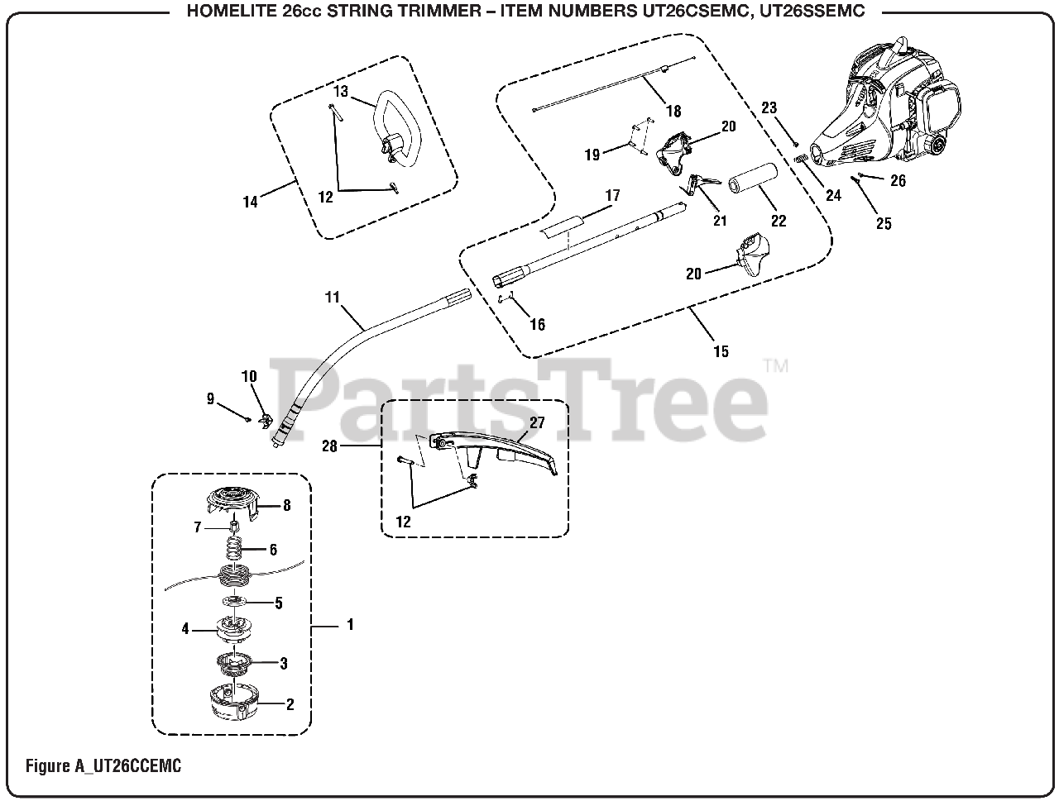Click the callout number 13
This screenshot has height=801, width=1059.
coord(342,91)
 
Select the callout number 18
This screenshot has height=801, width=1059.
coord(673,111)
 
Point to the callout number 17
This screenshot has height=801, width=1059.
coord(612,196)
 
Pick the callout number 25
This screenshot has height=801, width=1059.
coord(884,223)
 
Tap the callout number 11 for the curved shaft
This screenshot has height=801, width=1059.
coord(333,297)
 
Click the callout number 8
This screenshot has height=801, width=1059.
coord(286,505)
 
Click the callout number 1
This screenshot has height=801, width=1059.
coord(350,625)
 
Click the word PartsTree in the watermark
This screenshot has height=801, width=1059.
coord(520,398)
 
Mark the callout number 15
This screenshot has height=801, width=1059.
coord(721,351)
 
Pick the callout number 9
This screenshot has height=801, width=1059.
coord(211,399)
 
